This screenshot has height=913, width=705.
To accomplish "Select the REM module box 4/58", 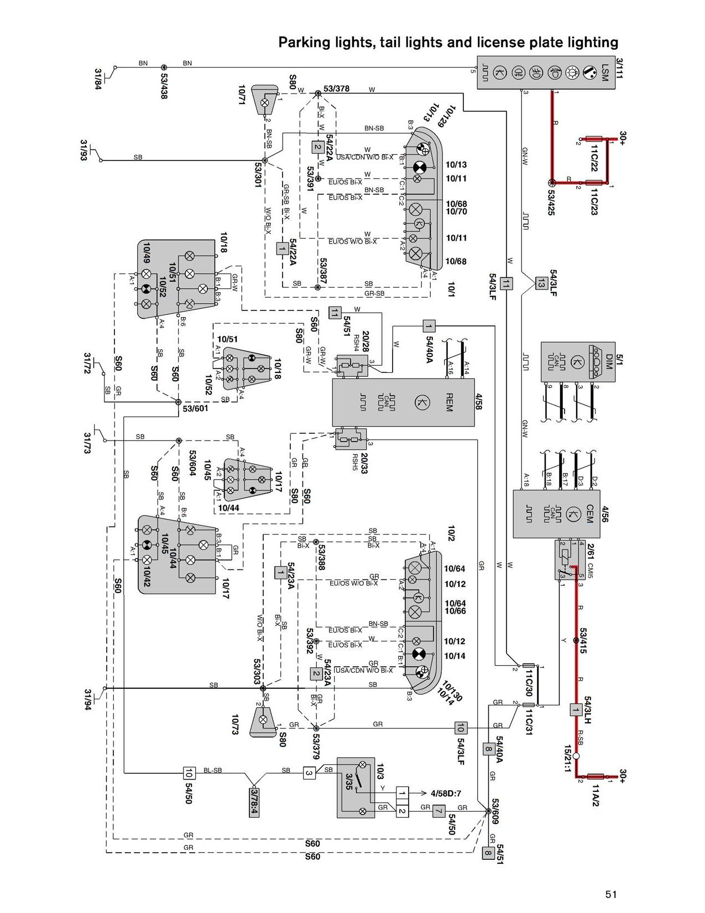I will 403,402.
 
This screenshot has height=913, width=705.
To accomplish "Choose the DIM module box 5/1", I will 578,362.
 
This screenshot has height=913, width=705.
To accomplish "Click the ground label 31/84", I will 98,79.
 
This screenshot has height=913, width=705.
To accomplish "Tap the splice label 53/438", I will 164,86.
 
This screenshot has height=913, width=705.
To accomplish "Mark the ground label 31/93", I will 85,151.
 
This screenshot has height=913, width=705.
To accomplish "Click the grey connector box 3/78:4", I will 254,802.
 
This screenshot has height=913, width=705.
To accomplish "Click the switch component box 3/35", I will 356,787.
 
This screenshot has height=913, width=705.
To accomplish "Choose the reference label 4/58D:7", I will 447,793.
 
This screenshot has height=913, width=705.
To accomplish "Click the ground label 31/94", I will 88,699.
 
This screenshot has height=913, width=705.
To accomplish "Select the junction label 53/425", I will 551,203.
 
